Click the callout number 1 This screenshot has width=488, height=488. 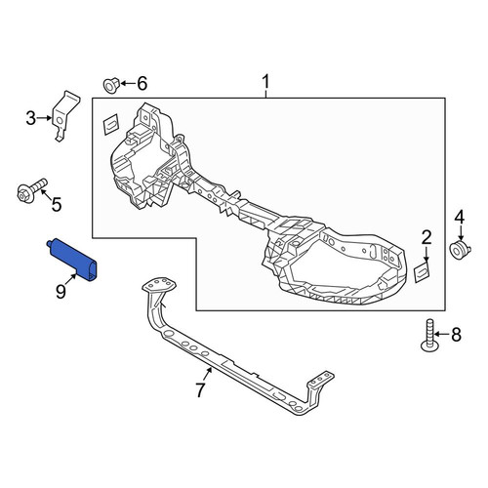pos(265,82)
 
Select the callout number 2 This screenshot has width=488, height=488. pos(427,237)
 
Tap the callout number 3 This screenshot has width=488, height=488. pos(31,118)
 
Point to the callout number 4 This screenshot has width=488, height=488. pos(460,217)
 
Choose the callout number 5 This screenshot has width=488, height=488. pos(57,205)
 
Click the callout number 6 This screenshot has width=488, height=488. pos(142,84)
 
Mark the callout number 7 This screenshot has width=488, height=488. pos(200,389)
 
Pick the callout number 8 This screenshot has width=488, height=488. pos(457,335)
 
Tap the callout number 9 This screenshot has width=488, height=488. pos(61,291)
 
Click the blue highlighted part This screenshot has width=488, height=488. pos(73,259)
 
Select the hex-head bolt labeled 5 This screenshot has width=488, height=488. pos(30,191)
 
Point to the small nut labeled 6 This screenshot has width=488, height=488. pos(111,85)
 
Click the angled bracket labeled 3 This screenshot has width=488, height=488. pos(65,116)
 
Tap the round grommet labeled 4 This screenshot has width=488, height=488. pos(460,251)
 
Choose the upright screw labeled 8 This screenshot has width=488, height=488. pos(429,335)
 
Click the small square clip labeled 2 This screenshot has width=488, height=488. pos(423,271)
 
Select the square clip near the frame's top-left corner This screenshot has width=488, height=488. pos(110,124)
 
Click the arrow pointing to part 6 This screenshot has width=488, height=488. pos(128,84)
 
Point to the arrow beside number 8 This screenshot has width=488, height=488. pos(442,335)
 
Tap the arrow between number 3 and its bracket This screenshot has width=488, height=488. pos(45,118)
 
